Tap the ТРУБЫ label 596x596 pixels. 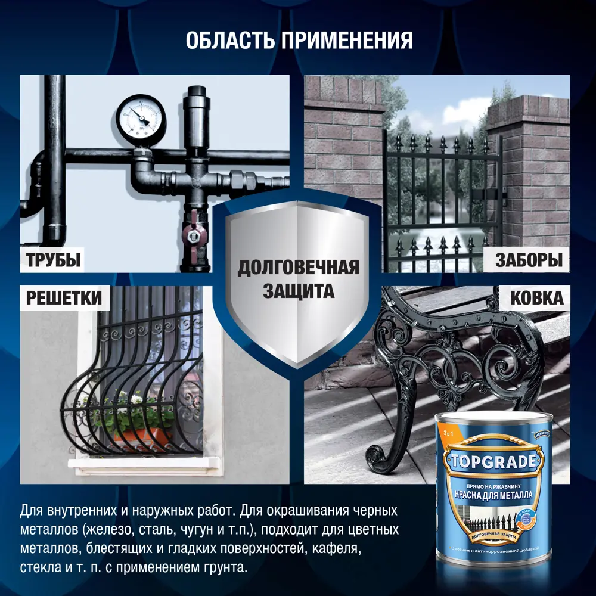pos(53,260)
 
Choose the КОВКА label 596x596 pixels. pos(536,297)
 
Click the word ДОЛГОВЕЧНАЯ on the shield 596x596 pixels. pos(298,268)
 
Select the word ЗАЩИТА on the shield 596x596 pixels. pos(298,291)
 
